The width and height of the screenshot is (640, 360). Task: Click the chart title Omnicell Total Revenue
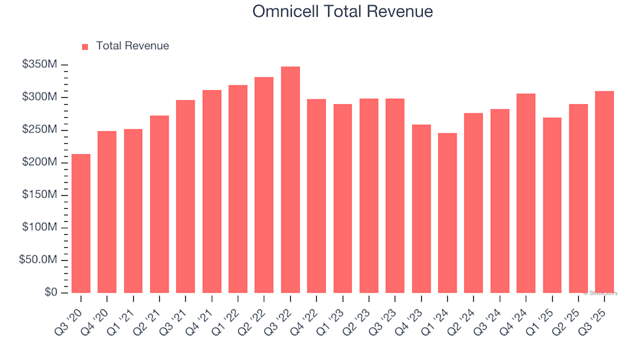click(x=343, y=11)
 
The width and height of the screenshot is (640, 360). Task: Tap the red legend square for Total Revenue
click(x=85, y=47)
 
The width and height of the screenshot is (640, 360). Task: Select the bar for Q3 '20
click(x=81, y=223)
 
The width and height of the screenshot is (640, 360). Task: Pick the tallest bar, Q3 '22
click(x=290, y=180)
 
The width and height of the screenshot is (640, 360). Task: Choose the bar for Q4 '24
click(x=526, y=193)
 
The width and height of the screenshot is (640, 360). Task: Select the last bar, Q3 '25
click(x=605, y=192)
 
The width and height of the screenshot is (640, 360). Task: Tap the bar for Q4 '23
click(x=421, y=209)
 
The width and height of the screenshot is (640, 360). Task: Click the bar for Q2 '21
click(x=159, y=204)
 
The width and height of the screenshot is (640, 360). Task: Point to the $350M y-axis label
click(x=40, y=65)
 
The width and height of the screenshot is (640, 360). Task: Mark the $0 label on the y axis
click(x=51, y=293)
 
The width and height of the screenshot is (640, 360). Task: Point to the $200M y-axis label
click(x=40, y=163)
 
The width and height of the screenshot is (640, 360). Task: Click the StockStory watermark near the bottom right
click(x=601, y=293)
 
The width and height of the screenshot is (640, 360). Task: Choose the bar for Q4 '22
click(x=317, y=196)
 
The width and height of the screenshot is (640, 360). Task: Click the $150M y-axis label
click(x=40, y=195)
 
